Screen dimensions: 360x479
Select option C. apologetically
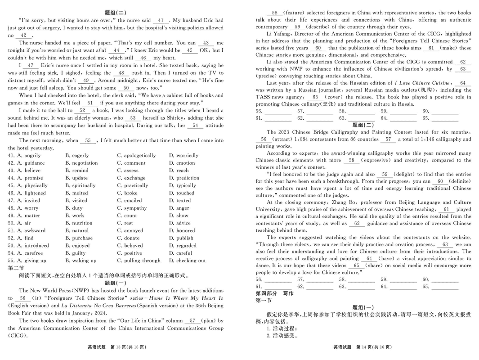coord(136,155)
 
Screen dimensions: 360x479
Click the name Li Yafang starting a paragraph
coord(280,34)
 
